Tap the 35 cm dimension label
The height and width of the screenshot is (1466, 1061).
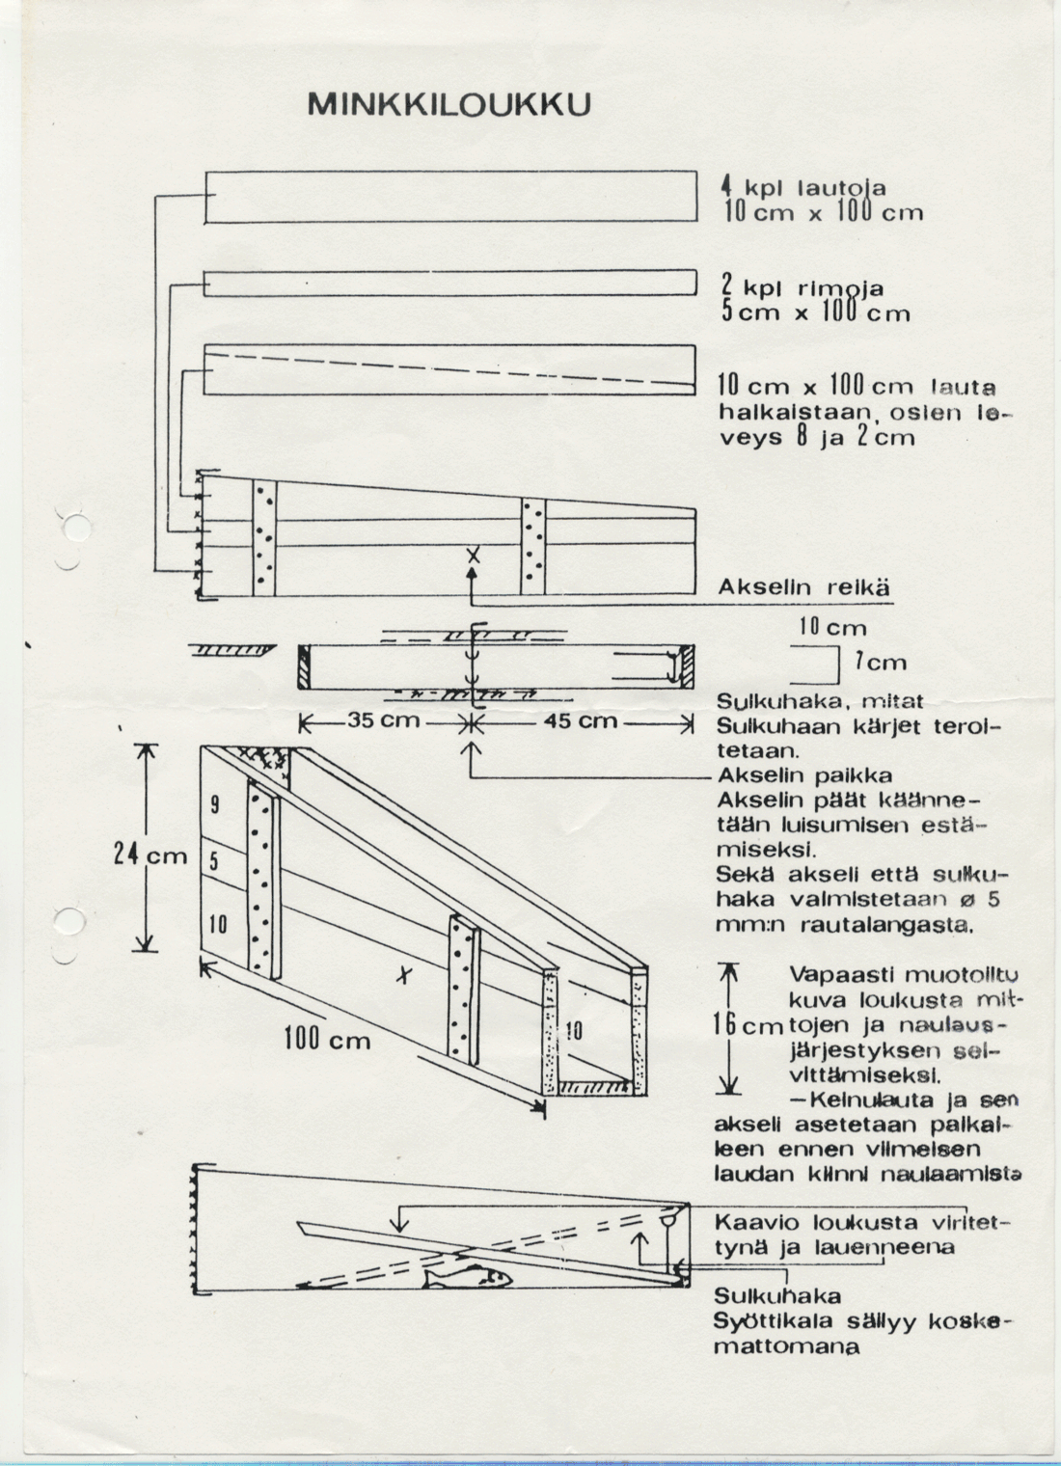coord(383,720)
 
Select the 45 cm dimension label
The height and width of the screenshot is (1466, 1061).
coord(580,720)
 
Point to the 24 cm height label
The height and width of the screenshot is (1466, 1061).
coord(150,855)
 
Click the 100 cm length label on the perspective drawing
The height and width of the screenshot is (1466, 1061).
coord(327,1039)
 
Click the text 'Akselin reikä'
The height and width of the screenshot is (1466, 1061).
coord(803,587)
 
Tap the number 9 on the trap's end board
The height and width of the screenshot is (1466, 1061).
coord(215,805)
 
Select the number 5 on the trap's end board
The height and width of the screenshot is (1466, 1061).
coord(214,862)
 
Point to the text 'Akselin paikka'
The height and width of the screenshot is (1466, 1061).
coord(805,775)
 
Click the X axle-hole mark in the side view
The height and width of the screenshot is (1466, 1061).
coord(473,556)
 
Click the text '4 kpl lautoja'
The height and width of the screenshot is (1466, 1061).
coord(803,188)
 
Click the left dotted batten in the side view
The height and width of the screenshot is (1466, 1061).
coord(264,538)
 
